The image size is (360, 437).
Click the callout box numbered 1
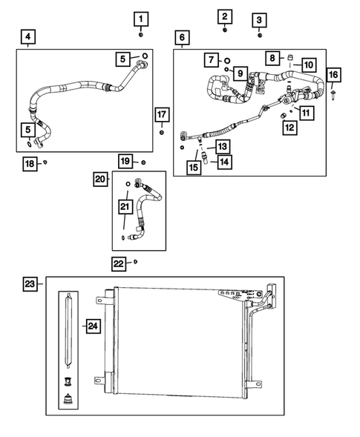(141, 18)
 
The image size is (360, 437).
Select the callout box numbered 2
(225, 16)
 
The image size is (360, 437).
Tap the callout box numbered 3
(258, 20)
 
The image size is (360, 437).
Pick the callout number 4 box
(27, 36)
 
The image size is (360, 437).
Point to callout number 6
(182, 36)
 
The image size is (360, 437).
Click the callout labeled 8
(272, 57)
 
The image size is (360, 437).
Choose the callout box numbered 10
(308, 65)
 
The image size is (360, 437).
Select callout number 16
(333, 74)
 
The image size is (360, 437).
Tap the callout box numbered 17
(161, 114)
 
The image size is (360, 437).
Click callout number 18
(29, 162)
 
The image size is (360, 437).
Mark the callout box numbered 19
(125, 161)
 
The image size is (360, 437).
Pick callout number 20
(100, 178)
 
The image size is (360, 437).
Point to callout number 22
(119, 263)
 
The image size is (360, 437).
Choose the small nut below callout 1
(141, 33)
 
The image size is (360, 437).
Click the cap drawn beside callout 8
(290, 57)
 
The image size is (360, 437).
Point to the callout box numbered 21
(125, 206)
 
